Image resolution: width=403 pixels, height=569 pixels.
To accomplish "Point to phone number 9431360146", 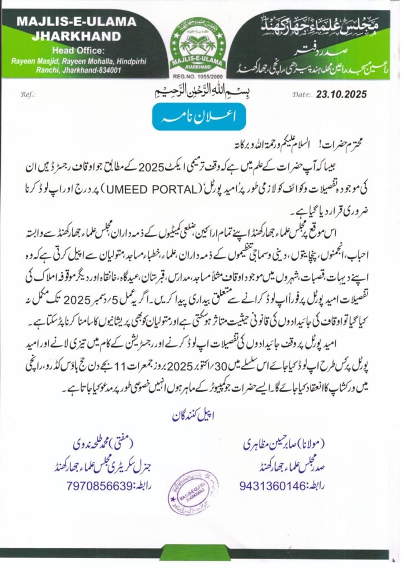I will pyautogui.click(x=273, y=485).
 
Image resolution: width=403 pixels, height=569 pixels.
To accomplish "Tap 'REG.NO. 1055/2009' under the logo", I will pyautogui.click(x=201, y=79).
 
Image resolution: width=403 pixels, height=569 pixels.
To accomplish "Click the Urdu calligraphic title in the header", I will pyautogui.click(x=319, y=24).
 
